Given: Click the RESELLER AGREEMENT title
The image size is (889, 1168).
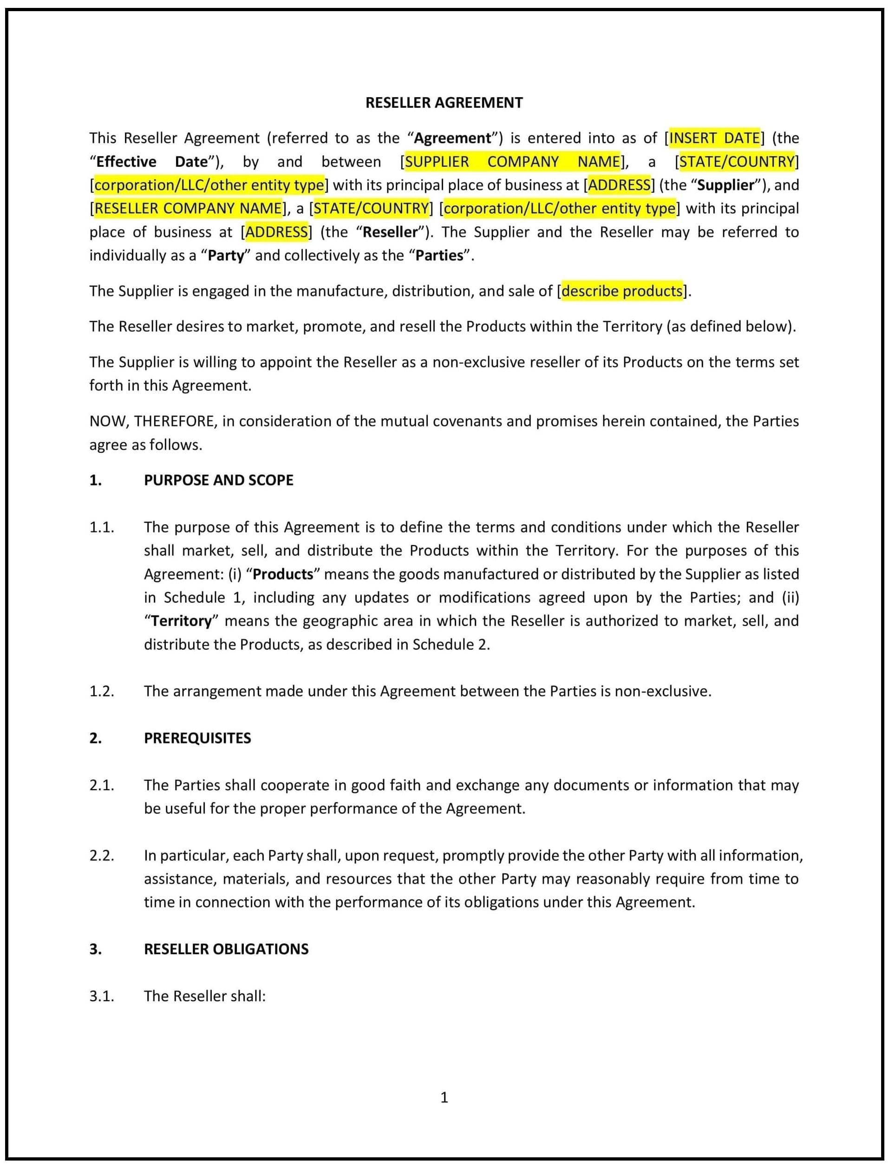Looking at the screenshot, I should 444,103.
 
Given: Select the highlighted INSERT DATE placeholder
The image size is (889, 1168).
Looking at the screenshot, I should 714,138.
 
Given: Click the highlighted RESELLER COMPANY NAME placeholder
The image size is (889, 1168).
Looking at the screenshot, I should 188,209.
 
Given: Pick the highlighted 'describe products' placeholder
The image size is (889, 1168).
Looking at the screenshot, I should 622,291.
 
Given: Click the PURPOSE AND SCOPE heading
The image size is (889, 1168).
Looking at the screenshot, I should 219,480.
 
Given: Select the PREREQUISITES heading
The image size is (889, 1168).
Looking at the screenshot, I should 197,738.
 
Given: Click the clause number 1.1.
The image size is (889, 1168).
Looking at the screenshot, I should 102,527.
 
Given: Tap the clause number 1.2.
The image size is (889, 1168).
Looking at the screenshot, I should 102,691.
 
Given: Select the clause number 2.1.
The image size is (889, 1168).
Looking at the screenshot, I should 102,785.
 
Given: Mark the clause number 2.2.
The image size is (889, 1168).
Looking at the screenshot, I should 102,856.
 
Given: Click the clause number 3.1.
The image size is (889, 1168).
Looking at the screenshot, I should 102,997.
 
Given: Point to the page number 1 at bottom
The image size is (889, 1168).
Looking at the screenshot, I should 444,1097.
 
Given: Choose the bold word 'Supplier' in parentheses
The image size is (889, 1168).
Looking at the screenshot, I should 725,185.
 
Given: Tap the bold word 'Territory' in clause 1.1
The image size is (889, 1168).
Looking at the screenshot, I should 182,621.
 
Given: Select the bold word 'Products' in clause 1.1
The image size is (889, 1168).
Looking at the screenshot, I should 283,574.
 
